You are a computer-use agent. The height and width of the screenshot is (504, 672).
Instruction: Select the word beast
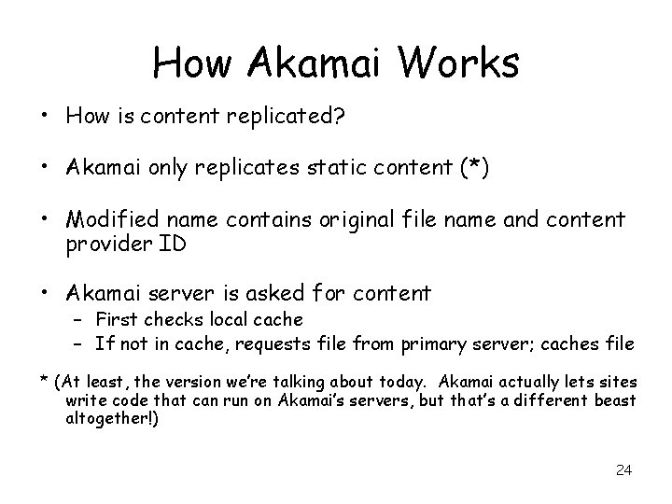click(x=613, y=400)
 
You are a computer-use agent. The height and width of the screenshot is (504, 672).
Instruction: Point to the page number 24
click(x=623, y=469)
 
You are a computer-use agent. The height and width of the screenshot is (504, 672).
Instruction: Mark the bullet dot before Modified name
click(x=45, y=218)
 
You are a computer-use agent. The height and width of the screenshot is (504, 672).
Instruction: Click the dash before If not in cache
click(x=77, y=343)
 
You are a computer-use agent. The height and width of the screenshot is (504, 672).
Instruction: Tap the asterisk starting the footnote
click(x=43, y=379)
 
